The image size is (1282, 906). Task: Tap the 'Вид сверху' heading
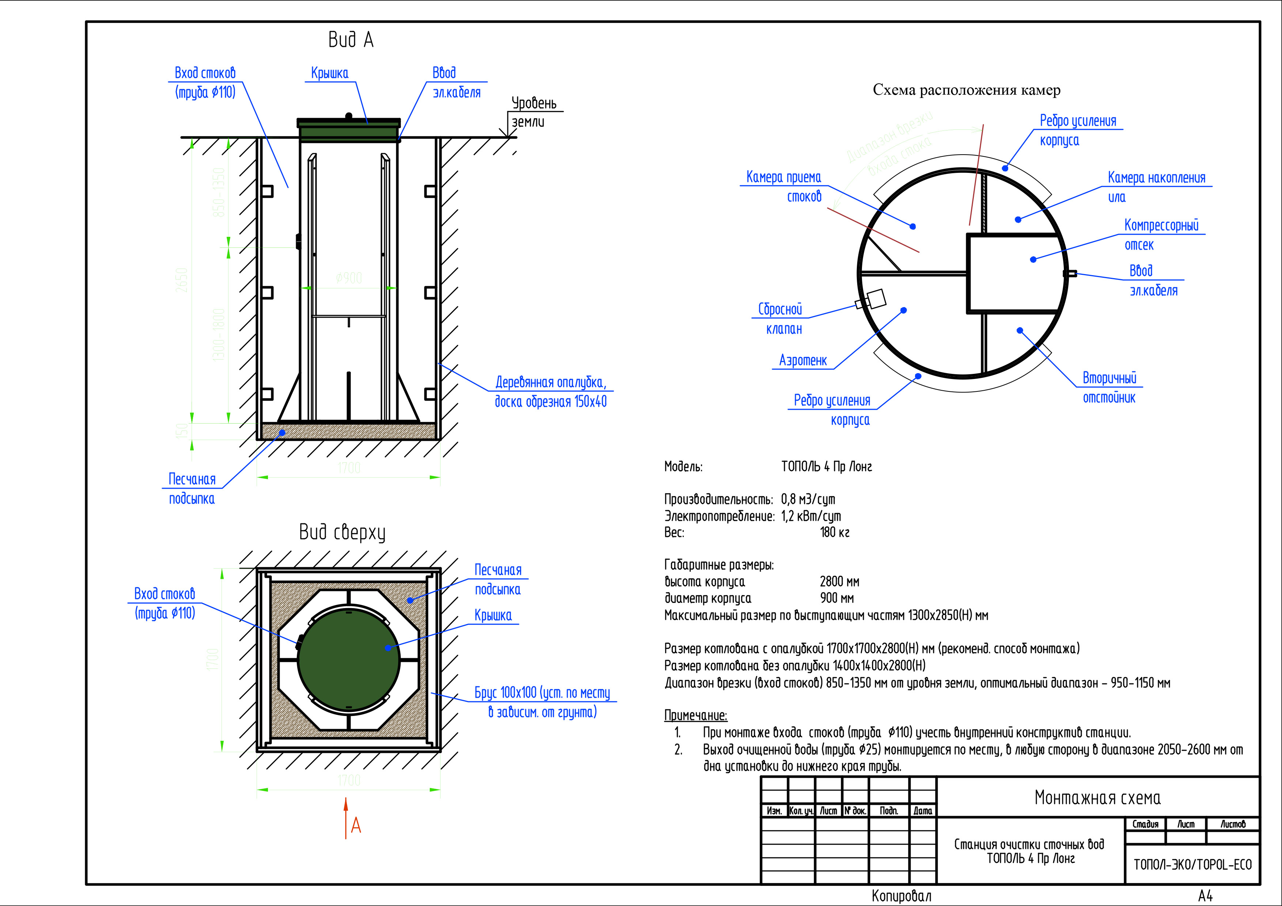point(342,532)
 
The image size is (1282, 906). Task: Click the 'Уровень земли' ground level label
point(533,112)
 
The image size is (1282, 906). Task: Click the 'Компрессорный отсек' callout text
point(1161,235)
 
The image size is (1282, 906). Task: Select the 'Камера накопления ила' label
point(1156,187)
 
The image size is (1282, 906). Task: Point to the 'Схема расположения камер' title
point(966,90)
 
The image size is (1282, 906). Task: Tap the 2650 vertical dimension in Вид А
point(182,280)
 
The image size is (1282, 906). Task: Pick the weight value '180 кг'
point(834,532)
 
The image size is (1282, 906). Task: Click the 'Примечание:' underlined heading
point(696,716)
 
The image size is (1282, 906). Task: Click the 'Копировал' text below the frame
point(901,896)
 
